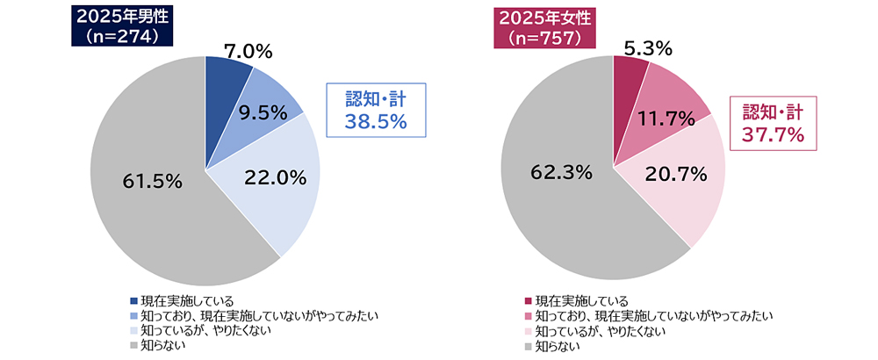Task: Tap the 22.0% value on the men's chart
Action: point(276,177)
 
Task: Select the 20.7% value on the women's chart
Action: point(677,175)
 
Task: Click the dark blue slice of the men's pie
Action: point(220,75)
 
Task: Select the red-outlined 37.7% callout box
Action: point(774,124)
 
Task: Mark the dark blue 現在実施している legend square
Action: point(133,301)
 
